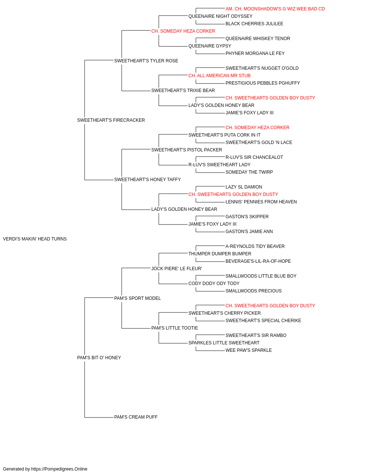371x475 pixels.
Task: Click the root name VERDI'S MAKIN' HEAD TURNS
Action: pyautogui.click(x=35, y=239)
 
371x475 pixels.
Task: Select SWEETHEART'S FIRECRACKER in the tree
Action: pyautogui.click(x=111, y=120)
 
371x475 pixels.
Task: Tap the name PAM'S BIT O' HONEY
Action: pyautogui.click(x=99, y=358)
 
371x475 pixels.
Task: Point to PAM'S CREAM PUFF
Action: pyautogui.click(x=136, y=417)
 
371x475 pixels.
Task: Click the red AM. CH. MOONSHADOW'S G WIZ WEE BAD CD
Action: pyautogui.click(x=275, y=9)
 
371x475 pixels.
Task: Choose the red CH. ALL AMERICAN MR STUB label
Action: pyautogui.click(x=219, y=76)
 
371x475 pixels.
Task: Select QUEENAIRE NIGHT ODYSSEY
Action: pyautogui.click(x=220, y=16)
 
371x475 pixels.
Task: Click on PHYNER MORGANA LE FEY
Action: pyautogui.click(x=255, y=53)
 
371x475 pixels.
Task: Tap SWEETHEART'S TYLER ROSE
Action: pyautogui.click(x=146, y=61)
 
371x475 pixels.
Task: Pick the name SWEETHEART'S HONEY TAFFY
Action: pyautogui.click(x=148, y=180)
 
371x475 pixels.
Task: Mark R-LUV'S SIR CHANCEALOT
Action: pyautogui.click(x=254, y=157)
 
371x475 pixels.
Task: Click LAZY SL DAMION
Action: pyautogui.click(x=244, y=187)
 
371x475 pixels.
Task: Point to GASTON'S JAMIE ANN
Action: pyautogui.click(x=249, y=232)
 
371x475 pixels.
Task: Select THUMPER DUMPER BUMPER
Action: pyautogui.click(x=220, y=254)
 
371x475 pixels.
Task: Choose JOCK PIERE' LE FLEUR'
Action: pyautogui.click(x=177, y=269)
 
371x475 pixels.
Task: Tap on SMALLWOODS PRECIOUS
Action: pyautogui.click(x=253, y=291)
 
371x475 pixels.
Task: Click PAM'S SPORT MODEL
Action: pyautogui.click(x=137, y=298)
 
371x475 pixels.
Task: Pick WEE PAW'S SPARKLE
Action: pyautogui.click(x=249, y=350)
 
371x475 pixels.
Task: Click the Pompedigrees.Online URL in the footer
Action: pyautogui.click(x=59, y=469)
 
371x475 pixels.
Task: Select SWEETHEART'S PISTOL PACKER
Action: pyautogui.click(x=187, y=150)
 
